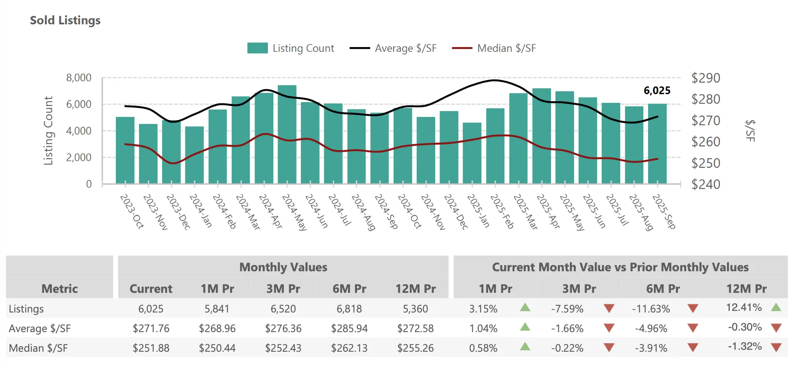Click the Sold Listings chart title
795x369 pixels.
(65, 20)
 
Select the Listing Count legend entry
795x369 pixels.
(291, 48)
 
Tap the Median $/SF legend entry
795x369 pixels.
(494, 48)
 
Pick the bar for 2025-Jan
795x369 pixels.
(472, 153)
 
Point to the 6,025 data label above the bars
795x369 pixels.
(657, 91)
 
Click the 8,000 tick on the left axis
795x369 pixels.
(79, 78)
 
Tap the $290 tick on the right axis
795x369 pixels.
(705, 78)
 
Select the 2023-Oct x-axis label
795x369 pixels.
(132, 211)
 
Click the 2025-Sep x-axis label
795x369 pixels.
(664, 211)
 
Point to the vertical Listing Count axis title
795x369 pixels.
(48, 131)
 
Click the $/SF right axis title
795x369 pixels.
(750, 131)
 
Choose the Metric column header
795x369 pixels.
(60, 289)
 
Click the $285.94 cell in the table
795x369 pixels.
(349, 328)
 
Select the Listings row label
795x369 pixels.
(26, 309)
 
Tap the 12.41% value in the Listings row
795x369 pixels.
(744, 307)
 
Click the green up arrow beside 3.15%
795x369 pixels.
(525, 307)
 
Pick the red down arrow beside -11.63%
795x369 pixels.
(693, 309)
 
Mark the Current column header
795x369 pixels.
(151, 289)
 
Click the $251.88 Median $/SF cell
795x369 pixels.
(151, 348)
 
